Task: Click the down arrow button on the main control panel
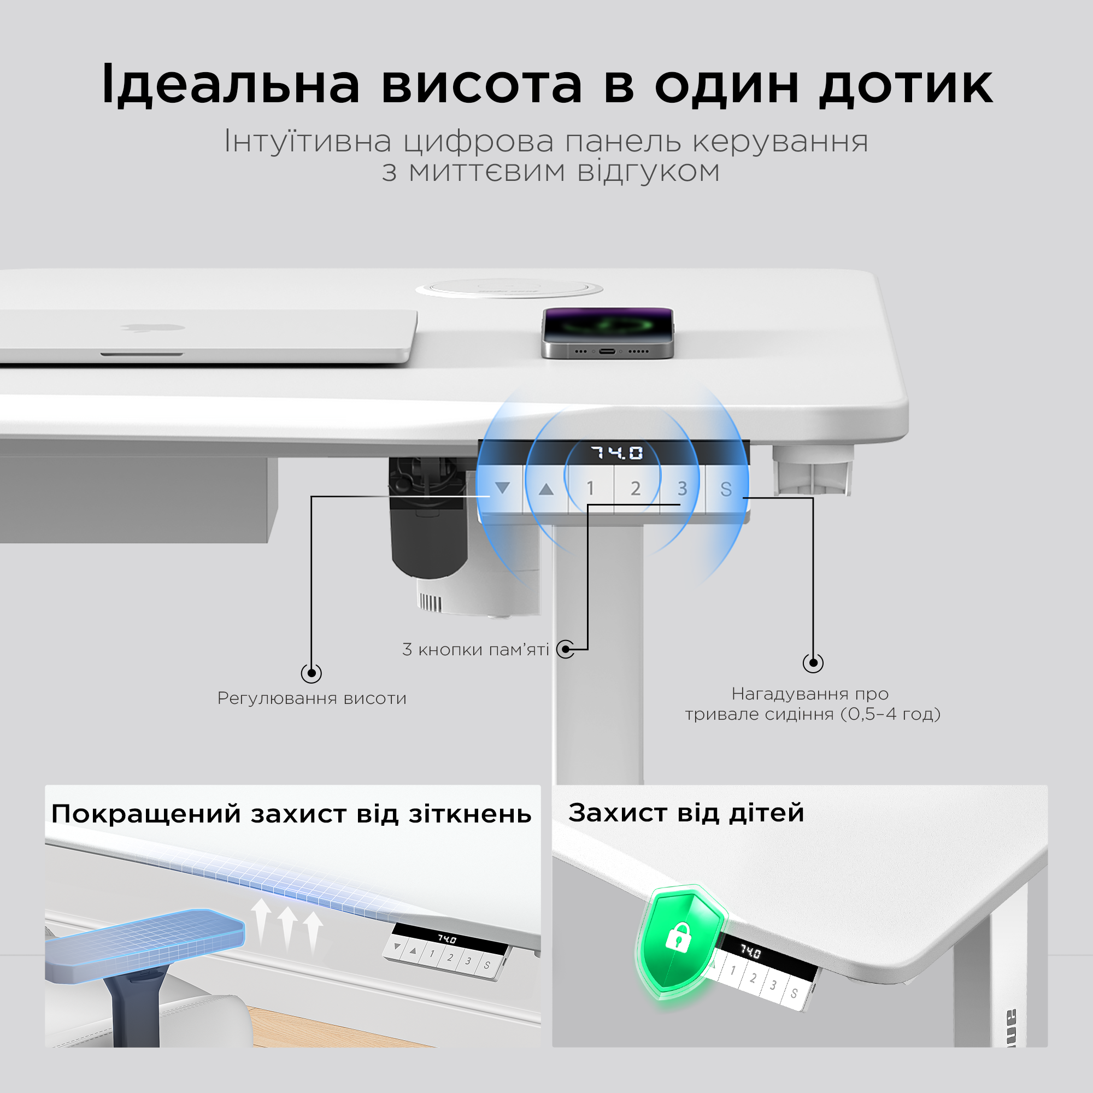pos(502,488)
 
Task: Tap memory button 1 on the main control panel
pos(591,488)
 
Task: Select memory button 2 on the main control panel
pos(636,488)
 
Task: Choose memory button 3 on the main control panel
pos(682,488)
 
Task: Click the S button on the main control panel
pos(726,489)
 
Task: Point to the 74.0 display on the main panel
pos(617,453)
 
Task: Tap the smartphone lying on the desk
pos(608,333)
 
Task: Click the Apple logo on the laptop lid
pos(153,327)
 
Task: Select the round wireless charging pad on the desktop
pos(509,289)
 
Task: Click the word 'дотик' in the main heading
pos(906,85)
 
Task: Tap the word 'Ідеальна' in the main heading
pos(231,84)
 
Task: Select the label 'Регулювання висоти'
pos(312,698)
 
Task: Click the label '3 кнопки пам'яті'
pos(476,649)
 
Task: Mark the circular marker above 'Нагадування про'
pos(813,662)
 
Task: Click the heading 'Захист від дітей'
pos(686,813)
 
